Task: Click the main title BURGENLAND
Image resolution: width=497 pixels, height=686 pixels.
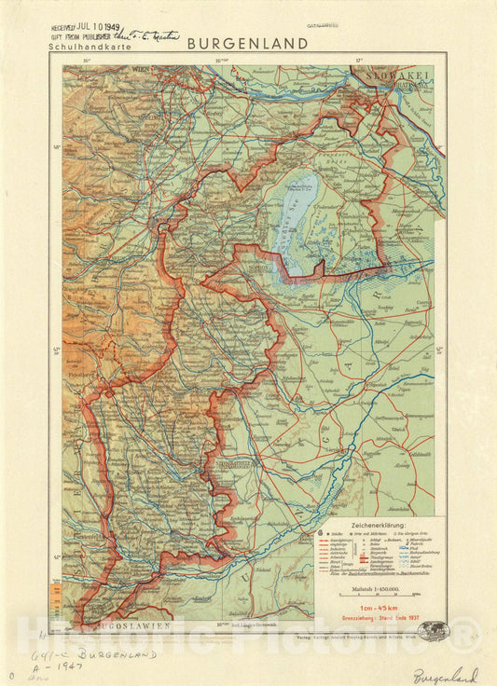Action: [x=247, y=43]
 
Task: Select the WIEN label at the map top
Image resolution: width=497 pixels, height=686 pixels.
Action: [x=141, y=69]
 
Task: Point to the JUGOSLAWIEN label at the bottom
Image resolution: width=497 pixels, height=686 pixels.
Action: [x=131, y=625]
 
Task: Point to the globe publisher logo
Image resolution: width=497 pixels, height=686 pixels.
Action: [x=433, y=631]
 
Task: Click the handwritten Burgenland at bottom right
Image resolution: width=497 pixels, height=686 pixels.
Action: [x=446, y=675]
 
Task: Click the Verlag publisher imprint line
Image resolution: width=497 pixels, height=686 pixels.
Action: [x=364, y=638]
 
